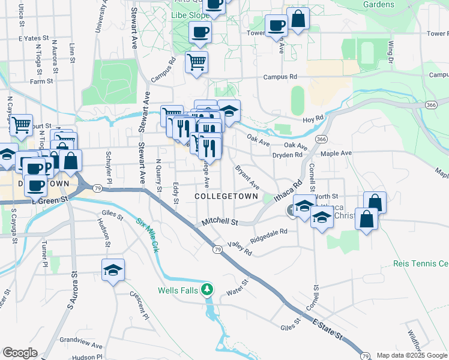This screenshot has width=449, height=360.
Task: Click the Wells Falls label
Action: click(178, 290)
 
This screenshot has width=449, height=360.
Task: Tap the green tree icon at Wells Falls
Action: click(207, 291)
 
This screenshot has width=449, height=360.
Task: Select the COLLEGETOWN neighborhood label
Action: click(226, 196)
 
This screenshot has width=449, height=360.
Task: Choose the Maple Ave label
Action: click(336, 154)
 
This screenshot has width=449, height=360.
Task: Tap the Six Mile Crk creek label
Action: click(146, 235)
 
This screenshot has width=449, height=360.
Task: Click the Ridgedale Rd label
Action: click(269, 235)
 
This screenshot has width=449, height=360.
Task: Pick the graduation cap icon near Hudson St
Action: click(112, 270)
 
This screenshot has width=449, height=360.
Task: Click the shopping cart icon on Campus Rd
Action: click(196, 61)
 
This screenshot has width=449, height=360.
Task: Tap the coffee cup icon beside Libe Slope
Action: click(200, 32)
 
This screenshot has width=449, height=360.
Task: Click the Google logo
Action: click(20, 353)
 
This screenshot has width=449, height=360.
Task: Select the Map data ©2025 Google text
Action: click(412, 355)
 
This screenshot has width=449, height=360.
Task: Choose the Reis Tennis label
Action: click(421, 263)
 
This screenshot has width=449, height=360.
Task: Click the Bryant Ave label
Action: click(247, 176)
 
